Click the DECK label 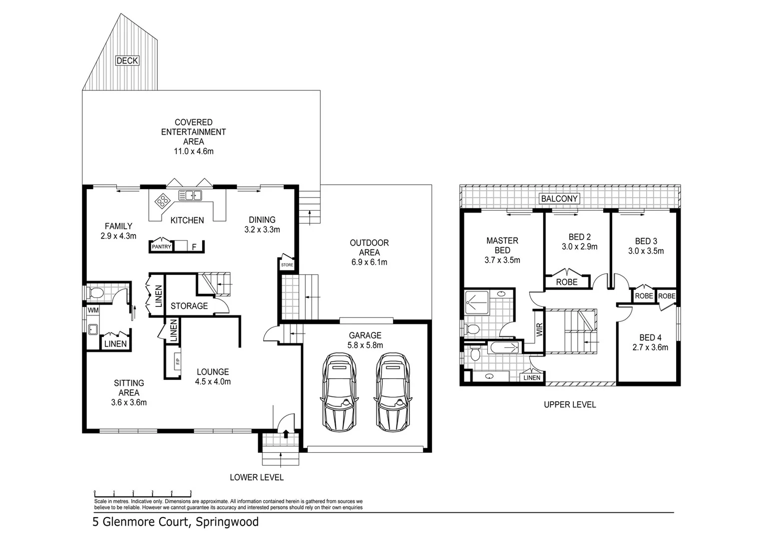[127, 60]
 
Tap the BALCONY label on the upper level [559, 199]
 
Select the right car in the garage [392, 392]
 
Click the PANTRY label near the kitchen [161, 247]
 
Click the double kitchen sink [190, 195]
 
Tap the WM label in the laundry [93, 310]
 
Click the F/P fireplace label [177, 361]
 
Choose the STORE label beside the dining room [287, 265]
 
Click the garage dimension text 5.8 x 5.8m [365, 345]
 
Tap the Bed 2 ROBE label [567, 282]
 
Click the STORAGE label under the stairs [189, 306]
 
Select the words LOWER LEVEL [257, 478]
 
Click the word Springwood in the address [227, 522]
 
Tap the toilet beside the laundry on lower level [95, 292]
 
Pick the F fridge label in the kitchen [194, 247]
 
